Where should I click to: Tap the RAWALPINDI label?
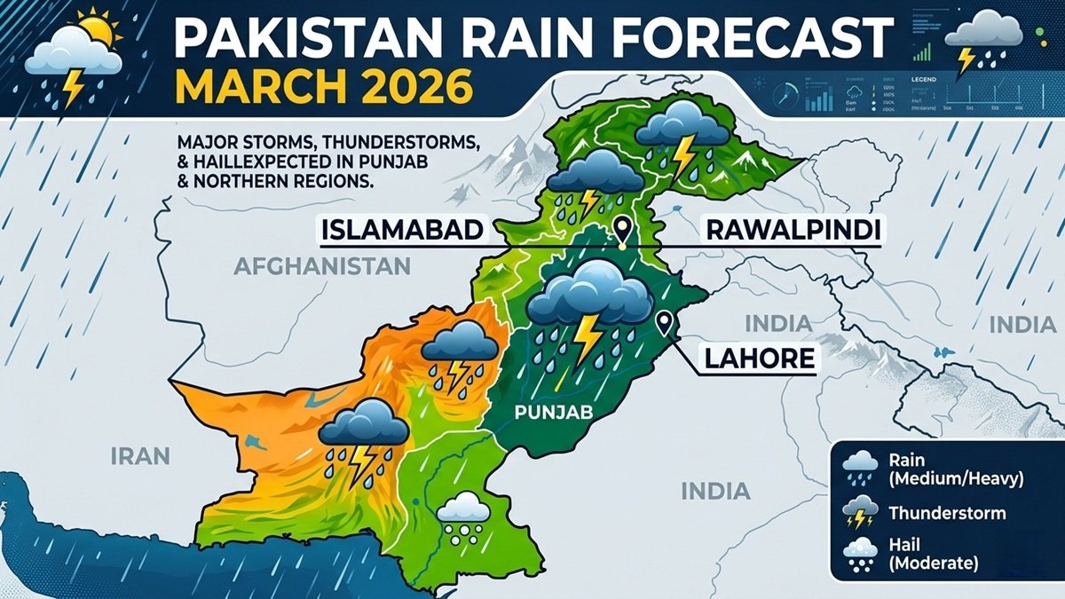point(793,231)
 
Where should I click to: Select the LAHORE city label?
point(760,359)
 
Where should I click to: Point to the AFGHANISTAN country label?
point(323,265)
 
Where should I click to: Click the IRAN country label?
point(140,456)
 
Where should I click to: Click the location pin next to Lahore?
point(663,324)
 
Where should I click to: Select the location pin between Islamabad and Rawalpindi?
point(622,230)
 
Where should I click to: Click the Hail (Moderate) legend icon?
point(858,554)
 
